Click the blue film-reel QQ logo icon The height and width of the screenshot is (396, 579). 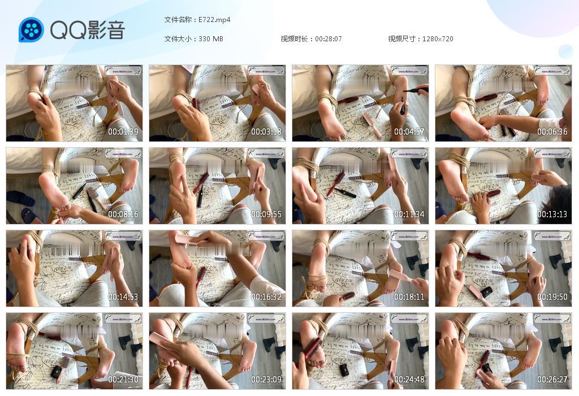point(31,30)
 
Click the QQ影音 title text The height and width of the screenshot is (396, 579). point(87,30)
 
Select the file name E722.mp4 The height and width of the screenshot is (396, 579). point(214,20)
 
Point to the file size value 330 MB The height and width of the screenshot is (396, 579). point(211,39)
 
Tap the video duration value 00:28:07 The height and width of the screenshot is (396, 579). point(329,39)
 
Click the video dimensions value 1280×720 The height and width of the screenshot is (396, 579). point(438,39)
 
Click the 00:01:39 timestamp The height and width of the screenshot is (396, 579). point(123,132)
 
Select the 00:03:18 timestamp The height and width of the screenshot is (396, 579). point(266,132)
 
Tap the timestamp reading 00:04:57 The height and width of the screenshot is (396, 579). point(409,132)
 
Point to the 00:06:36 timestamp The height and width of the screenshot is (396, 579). point(552,132)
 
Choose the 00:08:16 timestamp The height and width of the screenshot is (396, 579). point(123,214)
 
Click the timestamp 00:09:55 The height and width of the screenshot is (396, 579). point(266,214)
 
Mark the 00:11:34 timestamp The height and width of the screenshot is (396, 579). point(409,214)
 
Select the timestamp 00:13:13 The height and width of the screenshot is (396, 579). point(552,214)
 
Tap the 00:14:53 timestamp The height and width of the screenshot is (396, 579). point(123,297)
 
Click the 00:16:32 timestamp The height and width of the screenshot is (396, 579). point(266,297)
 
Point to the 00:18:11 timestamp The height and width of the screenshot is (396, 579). point(409,297)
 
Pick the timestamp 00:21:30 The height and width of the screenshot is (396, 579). point(123,380)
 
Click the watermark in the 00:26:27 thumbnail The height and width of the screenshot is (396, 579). point(552,318)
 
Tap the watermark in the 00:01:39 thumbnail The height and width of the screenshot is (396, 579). point(123,71)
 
